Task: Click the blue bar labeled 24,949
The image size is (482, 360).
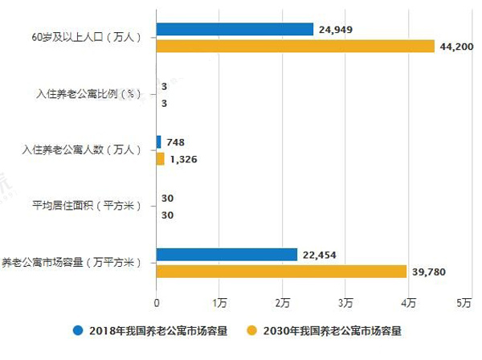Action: point(235,30)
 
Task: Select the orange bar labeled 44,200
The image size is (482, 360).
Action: point(295,47)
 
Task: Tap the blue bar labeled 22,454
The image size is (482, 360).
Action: point(227,255)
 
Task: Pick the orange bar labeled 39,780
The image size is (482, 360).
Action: point(281,272)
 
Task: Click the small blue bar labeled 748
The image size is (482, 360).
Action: point(159,142)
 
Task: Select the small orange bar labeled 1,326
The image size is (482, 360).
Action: point(161,159)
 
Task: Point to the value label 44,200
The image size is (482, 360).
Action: point(457,47)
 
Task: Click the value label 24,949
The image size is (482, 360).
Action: point(337,31)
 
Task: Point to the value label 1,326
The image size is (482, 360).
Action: point(184,159)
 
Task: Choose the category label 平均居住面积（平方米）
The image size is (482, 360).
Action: point(86,207)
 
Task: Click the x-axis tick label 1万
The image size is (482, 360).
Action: point(219,302)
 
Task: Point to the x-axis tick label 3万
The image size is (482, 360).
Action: point(345,302)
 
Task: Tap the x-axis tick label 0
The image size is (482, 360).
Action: point(157,302)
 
